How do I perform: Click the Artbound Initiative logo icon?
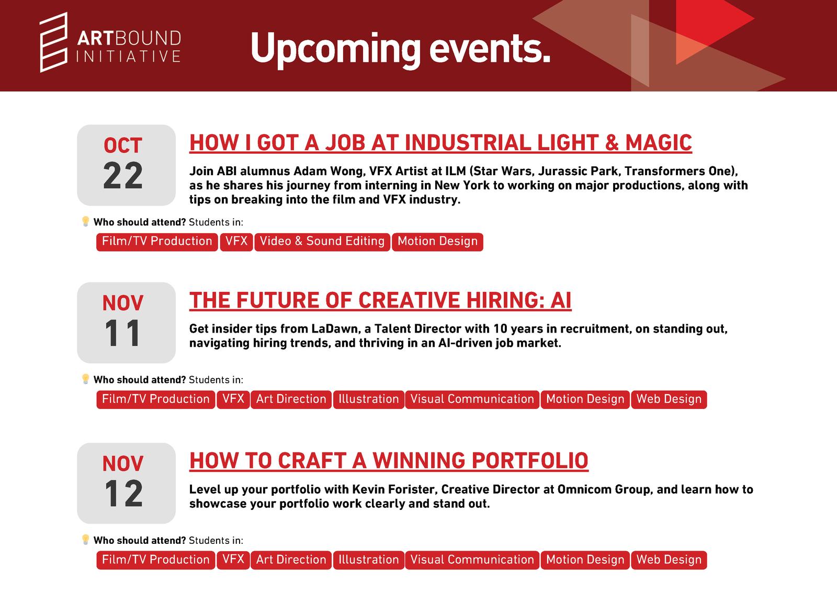pos(53,42)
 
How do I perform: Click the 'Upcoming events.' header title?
pos(401,50)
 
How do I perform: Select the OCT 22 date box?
pos(126,165)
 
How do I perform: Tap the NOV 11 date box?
pos(126,323)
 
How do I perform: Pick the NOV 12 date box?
pos(126,483)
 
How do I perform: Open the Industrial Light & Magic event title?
pos(440,143)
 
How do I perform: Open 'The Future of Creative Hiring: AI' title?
pos(380,300)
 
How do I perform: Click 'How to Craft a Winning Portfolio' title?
pos(389,461)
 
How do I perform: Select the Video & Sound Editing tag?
pos(322,242)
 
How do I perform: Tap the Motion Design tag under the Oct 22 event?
pos(437,242)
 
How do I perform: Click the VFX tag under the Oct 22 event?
pos(236,242)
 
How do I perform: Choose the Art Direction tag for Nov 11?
pos(291,399)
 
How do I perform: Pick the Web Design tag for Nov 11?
pos(669,399)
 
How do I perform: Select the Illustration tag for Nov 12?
pos(369,560)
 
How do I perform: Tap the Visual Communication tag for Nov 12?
pos(472,560)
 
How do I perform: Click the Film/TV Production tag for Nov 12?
pos(156,560)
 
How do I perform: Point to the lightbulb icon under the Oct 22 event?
pos(86,222)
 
